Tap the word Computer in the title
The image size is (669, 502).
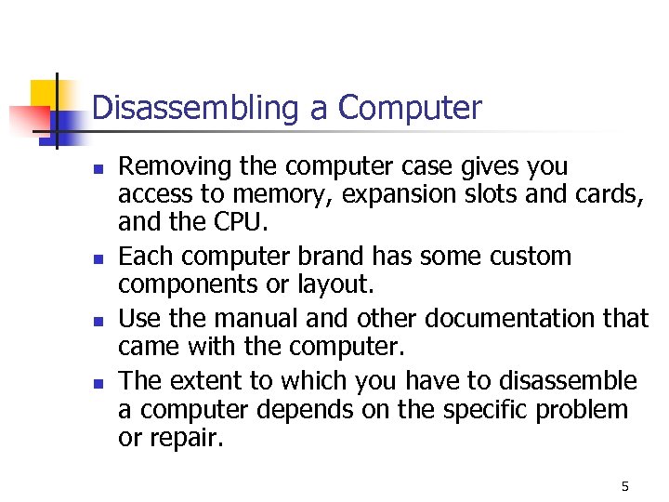pyautogui.click(x=411, y=108)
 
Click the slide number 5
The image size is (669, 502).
pyautogui.click(x=624, y=486)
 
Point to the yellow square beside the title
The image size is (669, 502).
pyautogui.click(x=45, y=94)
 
